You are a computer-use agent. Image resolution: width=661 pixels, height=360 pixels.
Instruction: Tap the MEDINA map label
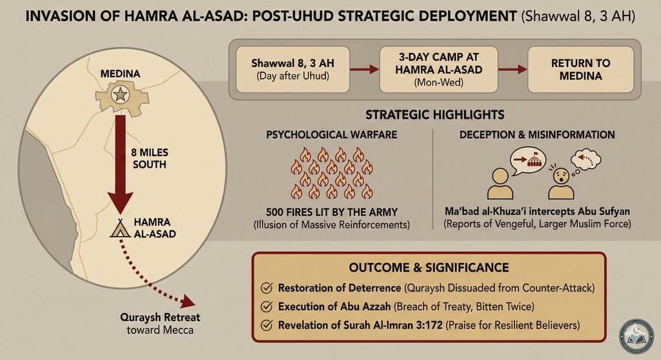[120, 74]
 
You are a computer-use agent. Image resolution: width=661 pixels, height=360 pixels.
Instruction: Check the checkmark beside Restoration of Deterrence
[266, 288]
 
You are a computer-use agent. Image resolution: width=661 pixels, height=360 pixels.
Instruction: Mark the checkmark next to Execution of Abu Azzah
[266, 306]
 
